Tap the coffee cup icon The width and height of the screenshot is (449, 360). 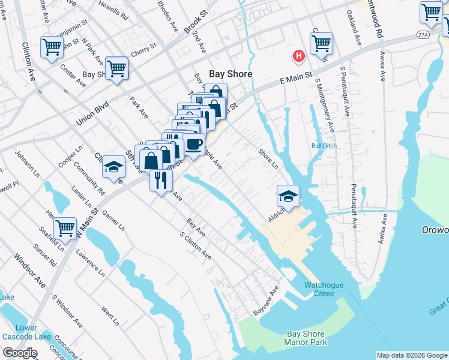point(194,144)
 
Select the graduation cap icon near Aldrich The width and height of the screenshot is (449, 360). point(288,196)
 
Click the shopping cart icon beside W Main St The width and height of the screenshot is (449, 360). point(65,228)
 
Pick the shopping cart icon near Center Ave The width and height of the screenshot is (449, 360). point(52,46)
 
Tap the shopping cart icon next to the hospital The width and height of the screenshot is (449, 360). point(322,43)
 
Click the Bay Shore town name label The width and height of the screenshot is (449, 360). point(230,74)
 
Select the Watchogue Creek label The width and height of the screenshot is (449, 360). point(327,289)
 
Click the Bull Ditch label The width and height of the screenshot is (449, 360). point(322,146)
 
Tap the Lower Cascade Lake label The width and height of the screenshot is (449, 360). point(26,332)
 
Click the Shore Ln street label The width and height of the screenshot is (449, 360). point(268,158)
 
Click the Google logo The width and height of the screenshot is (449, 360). point(20,353)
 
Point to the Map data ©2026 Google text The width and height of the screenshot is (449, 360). point(411,355)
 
